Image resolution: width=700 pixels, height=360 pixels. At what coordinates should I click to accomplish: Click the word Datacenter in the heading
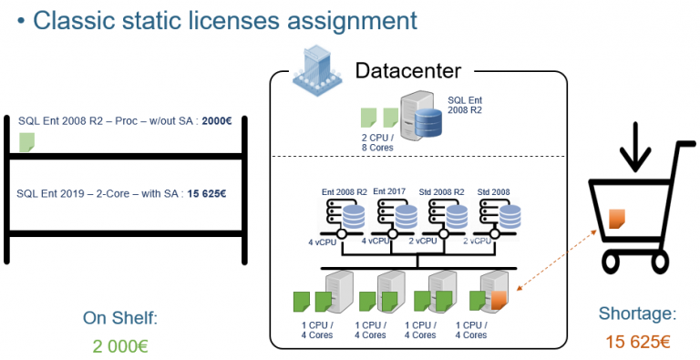pyautogui.click(x=407, y=70)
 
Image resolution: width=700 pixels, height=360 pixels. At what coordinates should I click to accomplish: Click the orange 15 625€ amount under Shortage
pyautogui.click(x=638, y=342)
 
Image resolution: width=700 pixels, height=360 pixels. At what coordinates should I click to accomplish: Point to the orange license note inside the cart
pyautogui.click(x=617, y=219)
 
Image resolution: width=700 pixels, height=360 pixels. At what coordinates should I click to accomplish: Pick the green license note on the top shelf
pyautogui.click(x=27, y=141)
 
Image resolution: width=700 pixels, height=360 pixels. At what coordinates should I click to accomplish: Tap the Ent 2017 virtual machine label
pyautogui.click(x=390, y=191)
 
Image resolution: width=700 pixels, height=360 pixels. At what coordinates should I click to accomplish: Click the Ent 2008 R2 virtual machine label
pyautogui.click(x=345, y=191)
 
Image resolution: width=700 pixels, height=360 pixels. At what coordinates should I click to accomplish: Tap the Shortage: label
pyautogui.click(x=638, y=314)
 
